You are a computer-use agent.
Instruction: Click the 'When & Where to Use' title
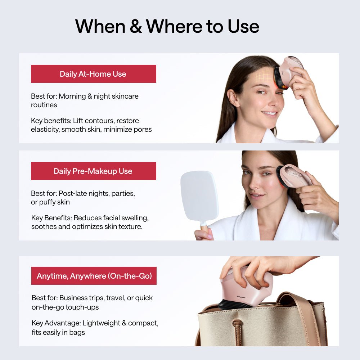[167, 26]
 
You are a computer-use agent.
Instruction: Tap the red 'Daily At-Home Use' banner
[93, 74]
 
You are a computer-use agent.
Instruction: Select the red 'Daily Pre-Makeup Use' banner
[93, 171]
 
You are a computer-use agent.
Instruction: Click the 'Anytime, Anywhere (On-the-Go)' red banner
[94, 276]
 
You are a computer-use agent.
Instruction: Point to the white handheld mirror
[199, 196]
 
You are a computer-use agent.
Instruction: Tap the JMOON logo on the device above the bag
[231, 297]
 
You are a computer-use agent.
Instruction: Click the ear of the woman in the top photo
[233, 98]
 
